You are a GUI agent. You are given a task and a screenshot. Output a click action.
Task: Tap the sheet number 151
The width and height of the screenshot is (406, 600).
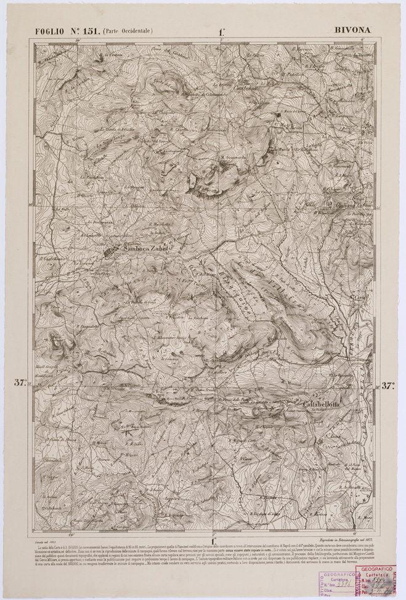tap(89, 30)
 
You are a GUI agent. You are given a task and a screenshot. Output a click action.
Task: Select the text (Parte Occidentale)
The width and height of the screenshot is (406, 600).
tap(128, 30)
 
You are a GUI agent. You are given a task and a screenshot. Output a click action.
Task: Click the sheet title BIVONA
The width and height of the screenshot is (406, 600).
tap(353, 29)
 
